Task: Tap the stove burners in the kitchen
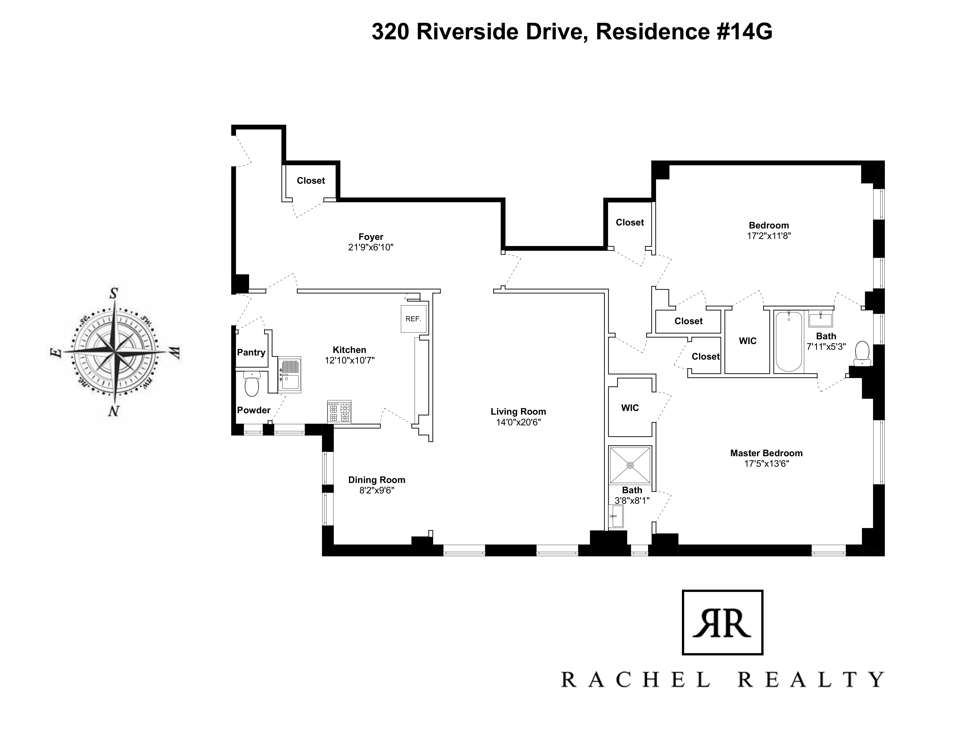[x=339, y=412]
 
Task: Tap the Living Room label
[x=518, y=412]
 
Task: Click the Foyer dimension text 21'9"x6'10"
[x=371, y=247]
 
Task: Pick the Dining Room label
[x=376, y=480]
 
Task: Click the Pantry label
[x=251, y=353]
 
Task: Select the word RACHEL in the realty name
[x=635, y=680]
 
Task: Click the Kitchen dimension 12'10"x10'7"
[x=349, y=361]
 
